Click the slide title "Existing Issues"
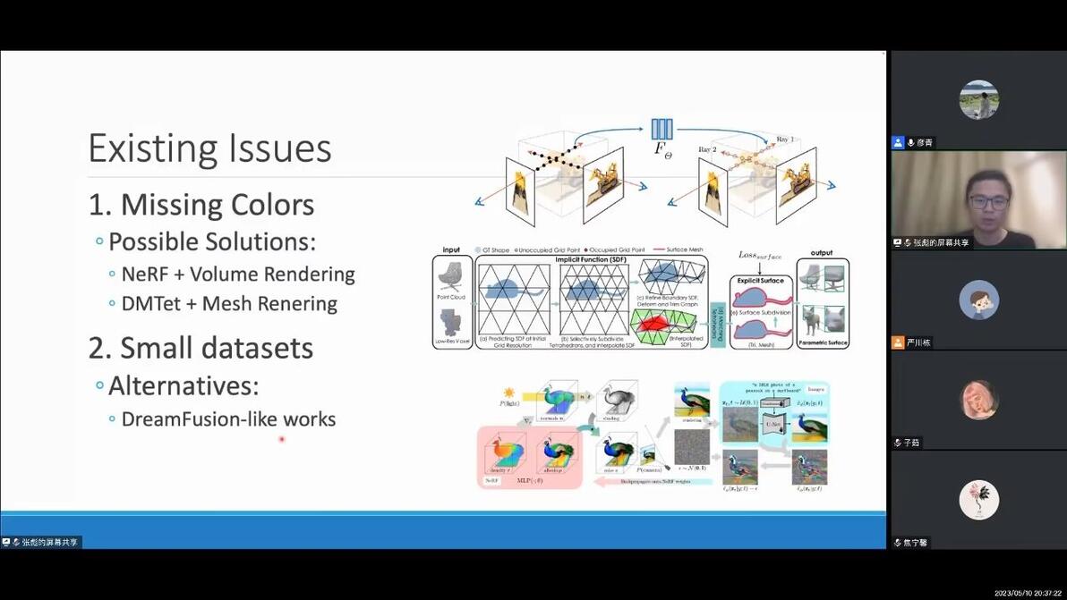[209, 148]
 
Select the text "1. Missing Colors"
[201, 205]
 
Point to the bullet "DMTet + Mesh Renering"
[229, 304]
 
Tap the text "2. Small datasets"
[201, 348]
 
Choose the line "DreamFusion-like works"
[228, 418]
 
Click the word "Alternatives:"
[183, 386]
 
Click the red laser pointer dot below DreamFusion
[281, 439]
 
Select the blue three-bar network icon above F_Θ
[662, 129]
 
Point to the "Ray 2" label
[708, 149]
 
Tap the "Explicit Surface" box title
[759, 281]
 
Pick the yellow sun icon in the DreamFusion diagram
[509, 393]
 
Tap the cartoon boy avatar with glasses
[978, 300]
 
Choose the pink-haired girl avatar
[978, 400]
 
